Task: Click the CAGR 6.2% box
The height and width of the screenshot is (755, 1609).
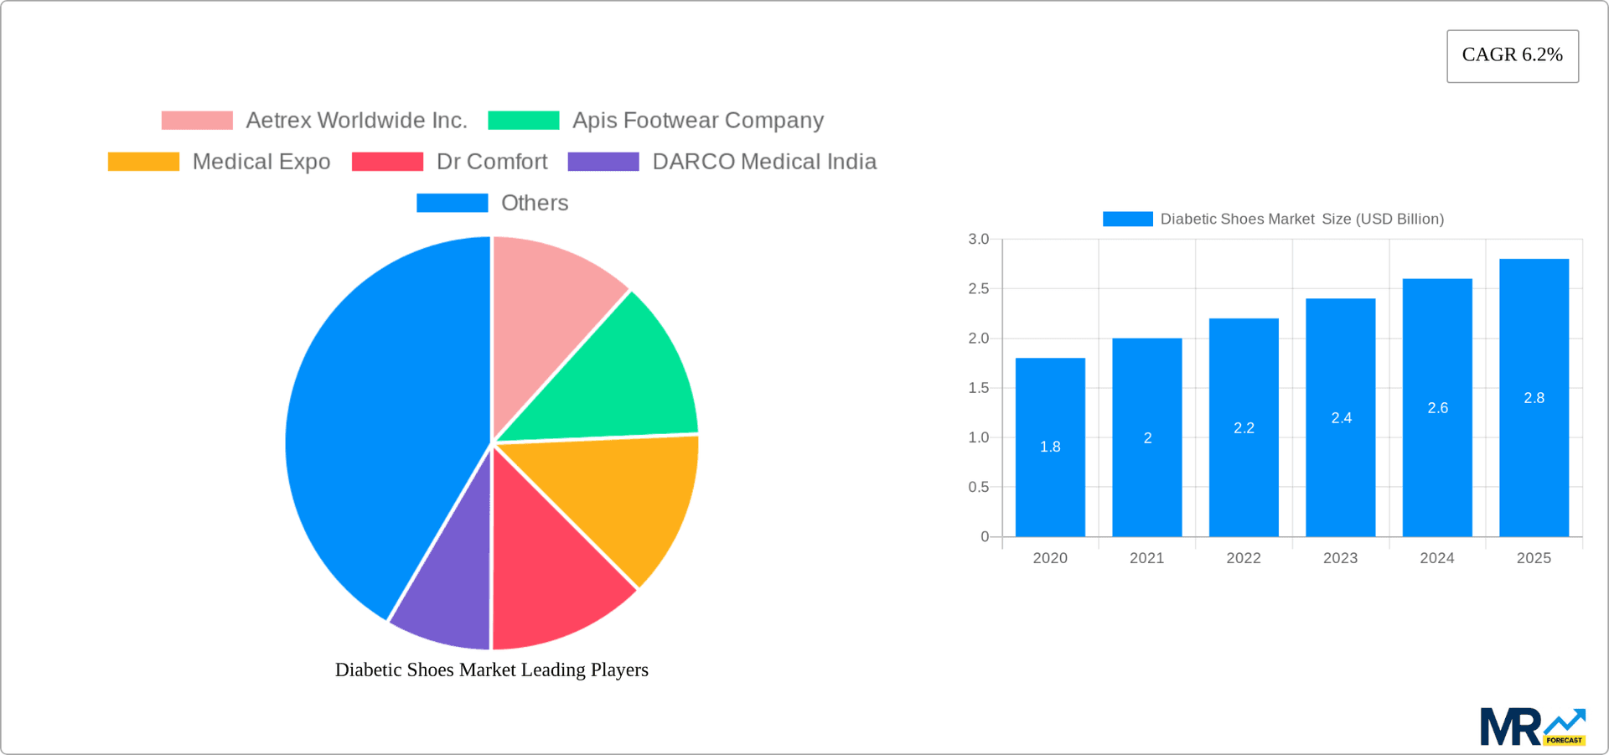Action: (1512, 55)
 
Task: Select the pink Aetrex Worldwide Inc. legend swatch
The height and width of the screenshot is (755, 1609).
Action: (197, 121)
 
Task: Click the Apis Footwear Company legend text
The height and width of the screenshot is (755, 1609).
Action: (697, 121)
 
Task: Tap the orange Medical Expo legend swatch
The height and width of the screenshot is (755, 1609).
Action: (143, 162)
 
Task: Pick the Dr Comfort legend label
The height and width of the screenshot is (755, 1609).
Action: (492, 162)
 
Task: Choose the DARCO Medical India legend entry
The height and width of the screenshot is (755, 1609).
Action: (763, 162)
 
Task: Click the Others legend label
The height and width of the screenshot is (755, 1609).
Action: (534, 203)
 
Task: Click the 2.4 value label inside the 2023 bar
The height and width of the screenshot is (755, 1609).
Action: (1341, 418)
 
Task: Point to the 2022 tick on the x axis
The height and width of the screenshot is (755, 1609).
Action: (1244, 558)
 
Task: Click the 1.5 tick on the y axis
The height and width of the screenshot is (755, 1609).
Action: (978, 388)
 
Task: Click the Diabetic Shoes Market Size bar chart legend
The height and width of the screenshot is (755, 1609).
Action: (1274, 219)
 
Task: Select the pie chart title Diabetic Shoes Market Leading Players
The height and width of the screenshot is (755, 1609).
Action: (492, 670)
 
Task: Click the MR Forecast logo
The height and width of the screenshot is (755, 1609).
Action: (1532, 727)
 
